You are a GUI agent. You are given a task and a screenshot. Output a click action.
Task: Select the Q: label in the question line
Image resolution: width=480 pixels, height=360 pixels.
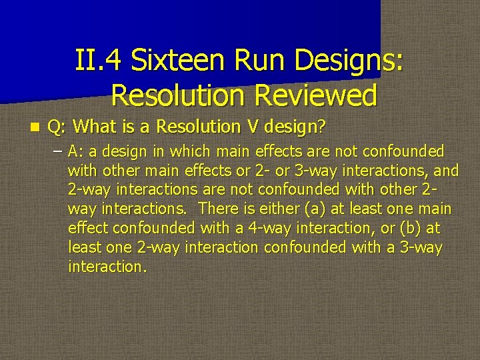coord(57,126)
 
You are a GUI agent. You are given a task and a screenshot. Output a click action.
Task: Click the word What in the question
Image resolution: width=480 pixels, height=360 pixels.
coord(93,126)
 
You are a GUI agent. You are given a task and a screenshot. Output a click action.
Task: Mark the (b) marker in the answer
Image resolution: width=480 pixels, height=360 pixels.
coord(412,229)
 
